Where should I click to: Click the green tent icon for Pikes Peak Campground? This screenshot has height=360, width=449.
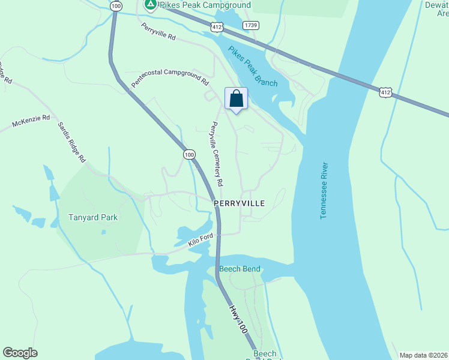[150, 5]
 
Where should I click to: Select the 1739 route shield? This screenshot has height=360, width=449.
[251, 25]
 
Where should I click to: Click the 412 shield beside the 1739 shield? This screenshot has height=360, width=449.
[217, 27]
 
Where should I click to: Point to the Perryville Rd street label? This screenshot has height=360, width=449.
[158, 32]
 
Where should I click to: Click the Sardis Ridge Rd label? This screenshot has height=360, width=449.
[72, 142]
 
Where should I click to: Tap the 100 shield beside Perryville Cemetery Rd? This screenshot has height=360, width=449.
[190, 155]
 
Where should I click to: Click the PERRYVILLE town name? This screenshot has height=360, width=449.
[240, 204]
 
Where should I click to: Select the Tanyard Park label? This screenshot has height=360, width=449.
[93, 218]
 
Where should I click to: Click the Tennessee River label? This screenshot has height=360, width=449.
[324, 190]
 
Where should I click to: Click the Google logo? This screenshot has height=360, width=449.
[20, 353]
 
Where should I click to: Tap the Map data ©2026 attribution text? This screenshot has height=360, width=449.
[423, 355]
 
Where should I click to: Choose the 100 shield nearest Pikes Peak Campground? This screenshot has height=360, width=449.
[116, 5]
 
